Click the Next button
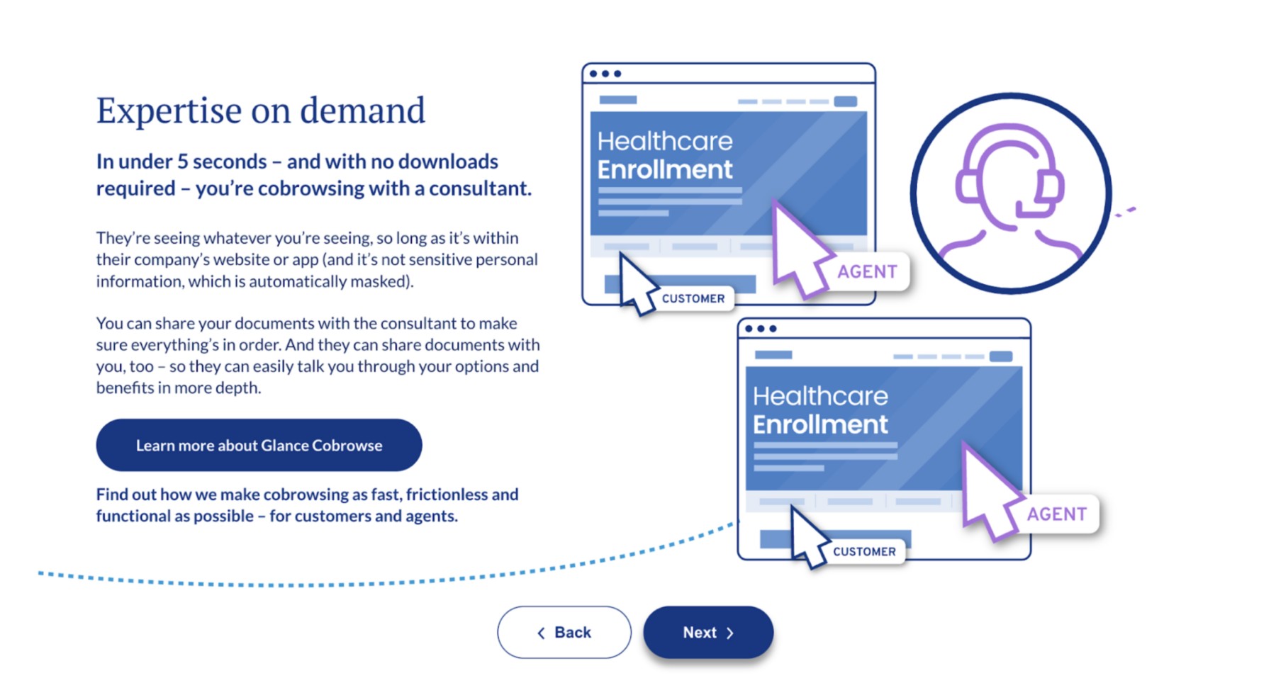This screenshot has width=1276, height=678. (x=708, y=632)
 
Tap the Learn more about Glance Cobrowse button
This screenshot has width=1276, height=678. (x=259, y=445)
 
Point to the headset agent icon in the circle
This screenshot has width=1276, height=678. (x=1010, y=188)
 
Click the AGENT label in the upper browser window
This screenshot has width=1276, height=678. (x=867, y=271)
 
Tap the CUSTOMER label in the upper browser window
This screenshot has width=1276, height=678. (x=693, y=299)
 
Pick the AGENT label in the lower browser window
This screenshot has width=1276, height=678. (x=1056, y=514)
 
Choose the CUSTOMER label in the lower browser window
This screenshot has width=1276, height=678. (x=864, y=552)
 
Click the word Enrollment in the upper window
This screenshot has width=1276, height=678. (x=665, y=170)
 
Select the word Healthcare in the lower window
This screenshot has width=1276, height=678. (x=820, y=396)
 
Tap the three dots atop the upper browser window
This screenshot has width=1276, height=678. (x=605, y=74)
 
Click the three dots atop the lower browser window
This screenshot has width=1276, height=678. (x=761, y=329)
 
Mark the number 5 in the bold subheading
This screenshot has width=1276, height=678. (x=182, y=162)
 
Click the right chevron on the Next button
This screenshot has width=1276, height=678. (x=730, y=633)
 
